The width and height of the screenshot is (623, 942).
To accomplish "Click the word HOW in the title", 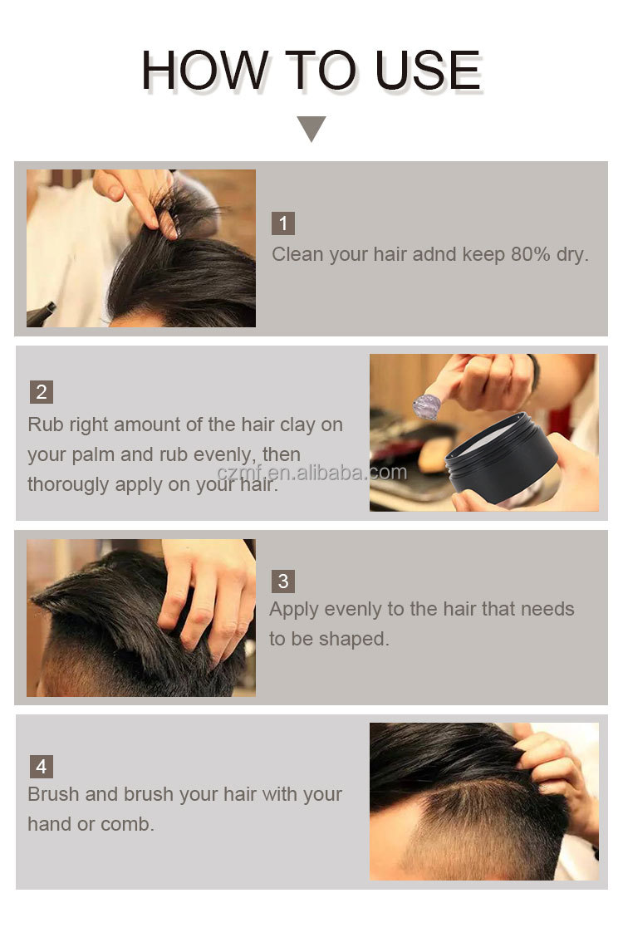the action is [x=205, y=71].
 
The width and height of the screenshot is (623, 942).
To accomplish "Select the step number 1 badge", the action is [x=283, y=223].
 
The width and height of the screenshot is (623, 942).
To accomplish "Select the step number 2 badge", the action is [x=42, y=392].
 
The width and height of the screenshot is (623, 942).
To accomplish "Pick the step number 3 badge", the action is [x=283, y=581].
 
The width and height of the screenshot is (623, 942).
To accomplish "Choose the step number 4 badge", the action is [x=42, y=767].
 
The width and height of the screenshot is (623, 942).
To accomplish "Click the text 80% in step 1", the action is [x=531, y=254].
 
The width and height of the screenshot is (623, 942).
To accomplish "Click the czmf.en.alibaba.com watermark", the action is [x=311, y=472].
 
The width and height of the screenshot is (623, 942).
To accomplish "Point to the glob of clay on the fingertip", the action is [x=427, y=407].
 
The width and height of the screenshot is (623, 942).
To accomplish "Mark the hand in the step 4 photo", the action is [x=559, y=776].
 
